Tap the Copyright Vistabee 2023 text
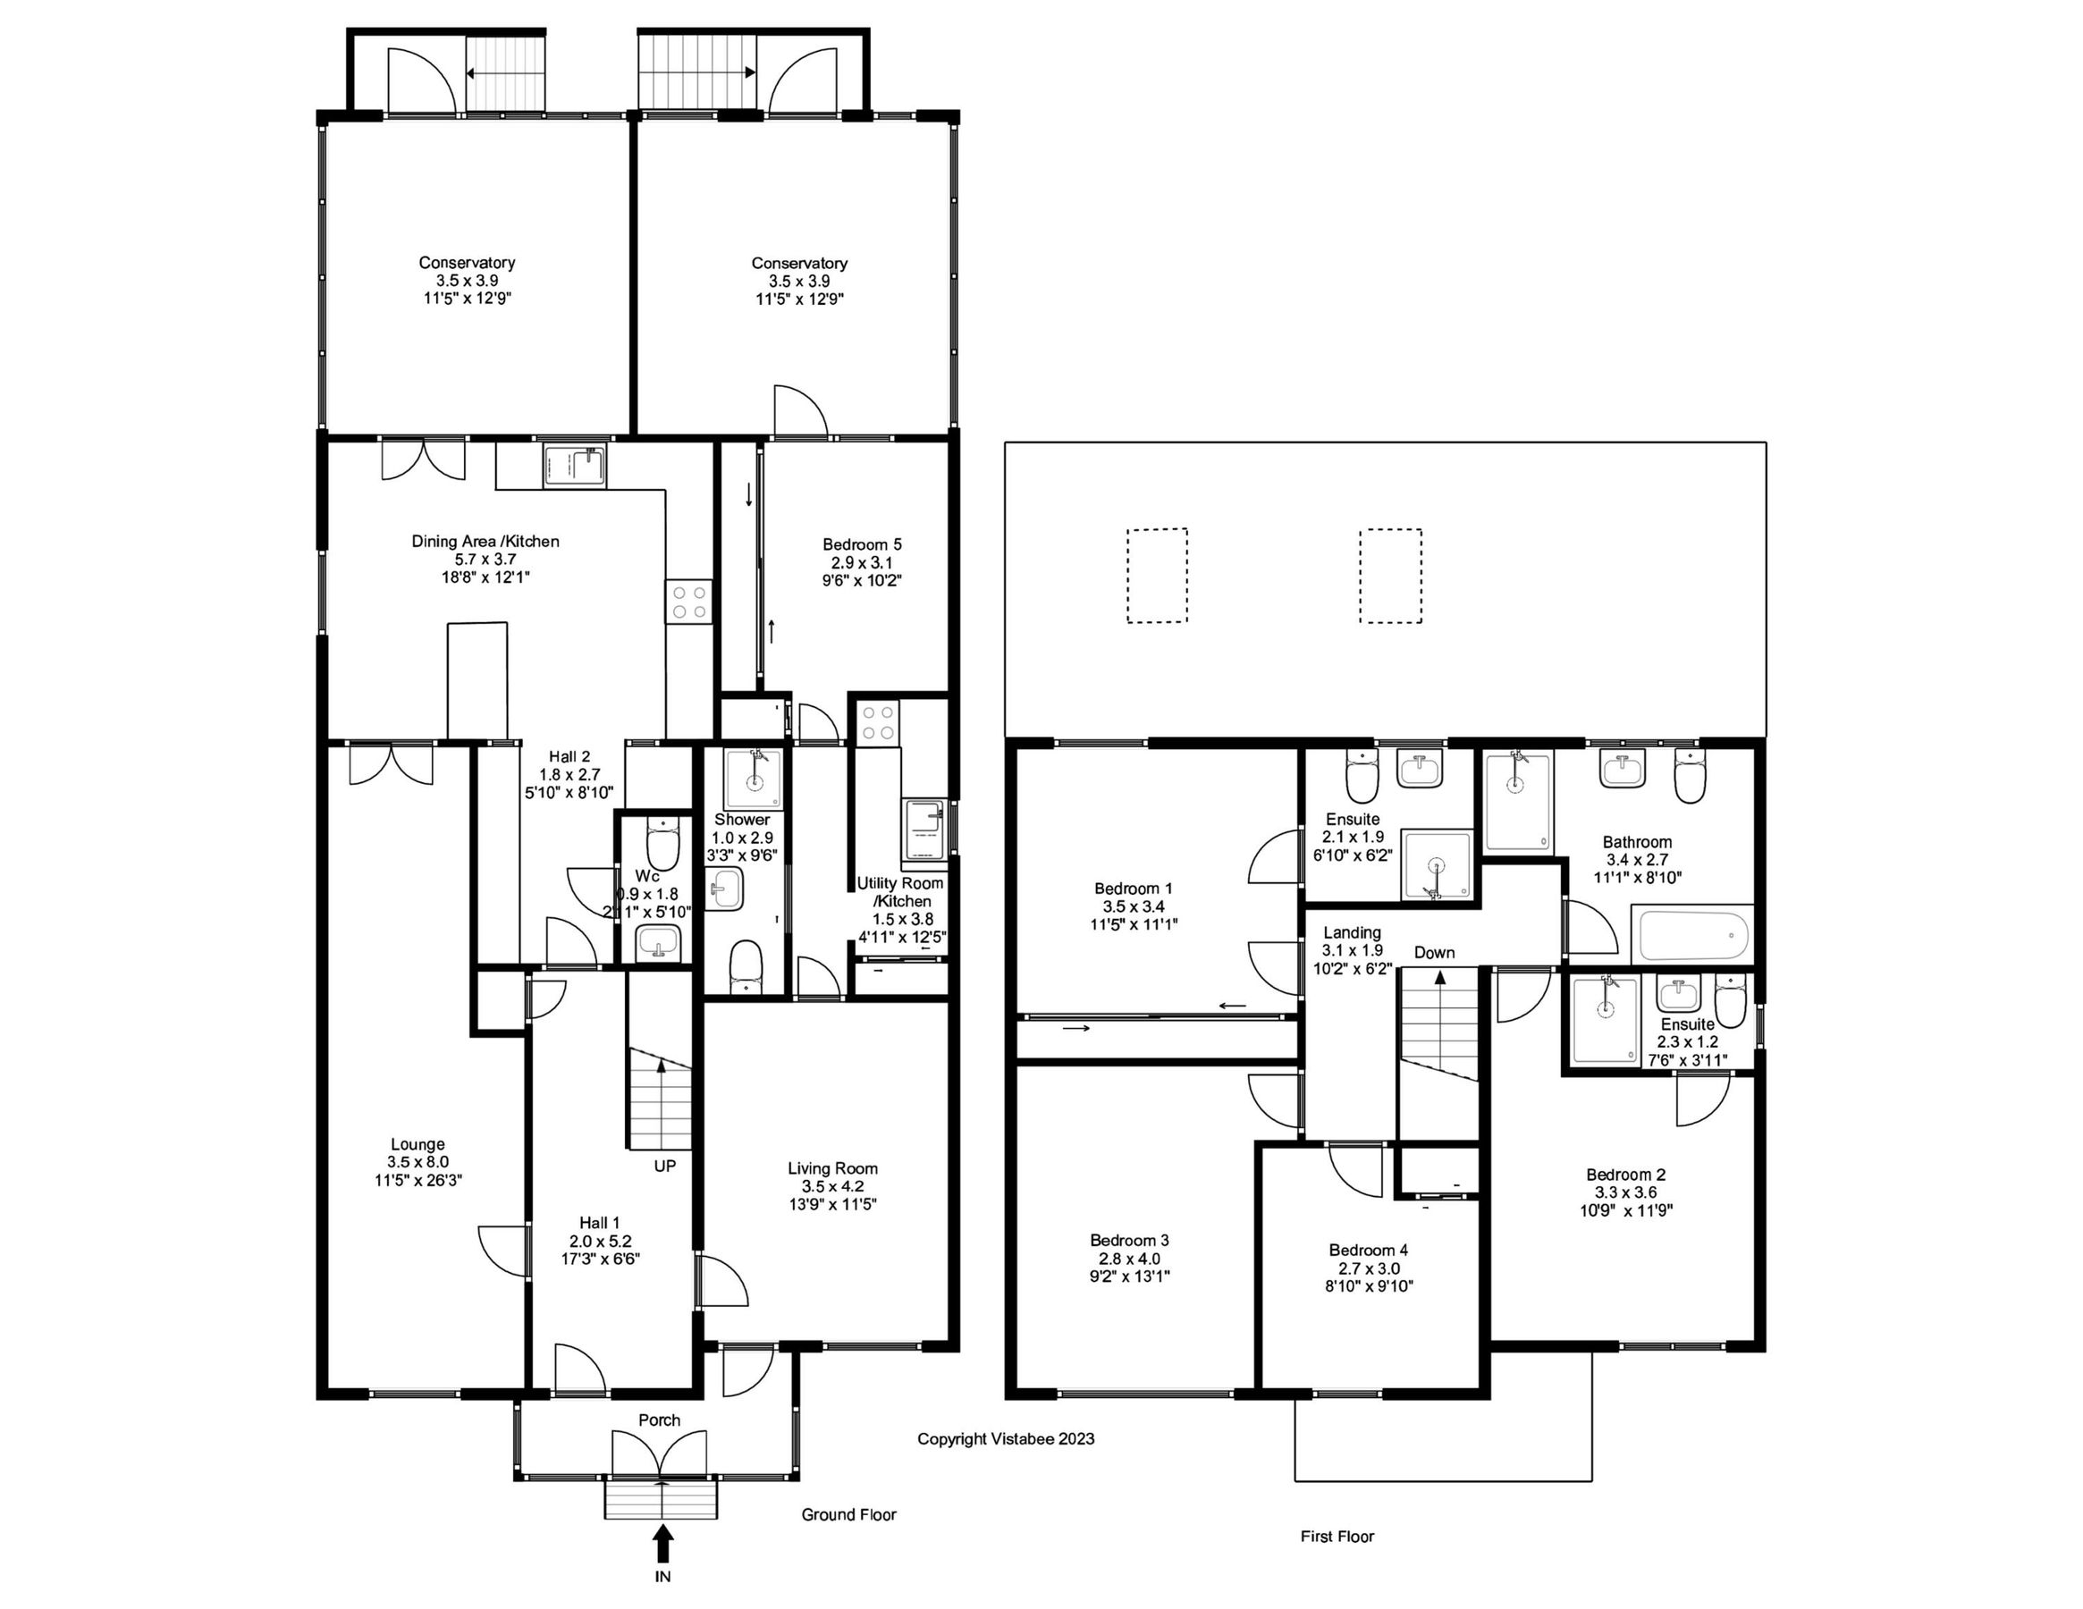(1005, 1438)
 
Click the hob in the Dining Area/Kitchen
(688, 602)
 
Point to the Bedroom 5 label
(861, 544)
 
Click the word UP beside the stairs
(665, 1166)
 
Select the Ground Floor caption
(848, 1514)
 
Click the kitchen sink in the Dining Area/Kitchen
(574, 468)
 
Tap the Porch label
(659, 1420)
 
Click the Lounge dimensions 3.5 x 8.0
(417, 1162)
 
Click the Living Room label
(832, 1168)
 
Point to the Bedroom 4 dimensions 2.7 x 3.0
(1368, 1268)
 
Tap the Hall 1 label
(600, 1223)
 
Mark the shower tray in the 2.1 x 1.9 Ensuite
(1437, 864)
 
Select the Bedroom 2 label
(1625, 1175)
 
